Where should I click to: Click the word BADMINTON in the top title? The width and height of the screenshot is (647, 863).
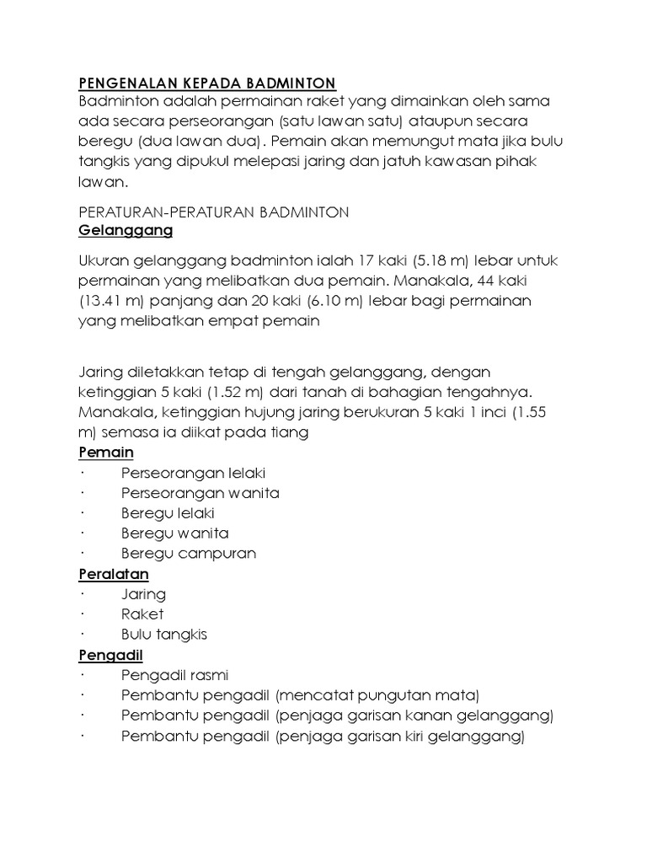point(291,83)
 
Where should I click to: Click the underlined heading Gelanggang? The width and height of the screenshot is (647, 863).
point(126,230)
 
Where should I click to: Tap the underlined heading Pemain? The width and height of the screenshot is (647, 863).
point(106,453)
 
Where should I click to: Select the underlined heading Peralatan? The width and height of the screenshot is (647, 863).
point(114,574)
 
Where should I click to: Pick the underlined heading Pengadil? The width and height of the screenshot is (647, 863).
point(110,655)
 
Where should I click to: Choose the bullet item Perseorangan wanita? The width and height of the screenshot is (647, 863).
point(201,493)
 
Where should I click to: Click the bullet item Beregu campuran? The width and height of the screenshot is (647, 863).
point(189,554)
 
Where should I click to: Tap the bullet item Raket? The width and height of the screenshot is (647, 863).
point(142,614)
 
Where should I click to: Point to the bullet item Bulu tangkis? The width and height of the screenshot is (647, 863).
point(164,635)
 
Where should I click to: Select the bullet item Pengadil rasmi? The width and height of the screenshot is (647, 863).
point(175,675)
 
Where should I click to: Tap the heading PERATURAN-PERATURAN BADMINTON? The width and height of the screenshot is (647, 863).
point(213,212)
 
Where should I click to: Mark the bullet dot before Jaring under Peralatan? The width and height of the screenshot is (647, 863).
point(84,594)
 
